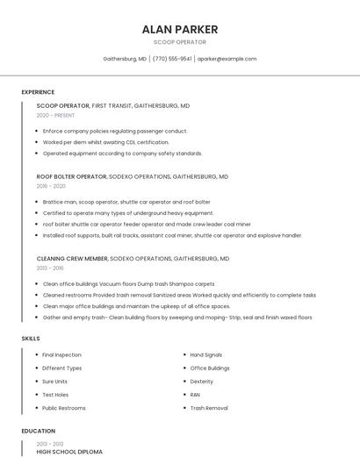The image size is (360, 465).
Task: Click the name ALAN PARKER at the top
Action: click(x=180, y=30)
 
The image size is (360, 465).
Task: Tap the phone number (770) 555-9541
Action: click(x=172, y=59)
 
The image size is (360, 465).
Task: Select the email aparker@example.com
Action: click(x=227, y=59)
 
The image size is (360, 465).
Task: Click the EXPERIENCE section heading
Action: click(x=38, y=92)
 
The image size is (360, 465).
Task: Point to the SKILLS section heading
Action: click(x=31, y=338)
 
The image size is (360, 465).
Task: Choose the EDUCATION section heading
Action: click(x=38, y=431)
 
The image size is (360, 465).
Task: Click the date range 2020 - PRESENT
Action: click(x=55, y=115)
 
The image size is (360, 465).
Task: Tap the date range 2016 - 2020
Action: click(x=51, y=186)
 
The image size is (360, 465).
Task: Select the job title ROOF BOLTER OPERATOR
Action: click(x=71, y=176)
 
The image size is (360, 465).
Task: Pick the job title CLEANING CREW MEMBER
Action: click(x=72, y=259)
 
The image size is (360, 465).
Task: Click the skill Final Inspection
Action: click(x=61, y=354)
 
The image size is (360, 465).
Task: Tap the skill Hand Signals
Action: click(x=206, y=354)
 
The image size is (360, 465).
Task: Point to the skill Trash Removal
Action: click(x=209, y=408)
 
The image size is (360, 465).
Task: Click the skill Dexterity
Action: click(x=202, y=382)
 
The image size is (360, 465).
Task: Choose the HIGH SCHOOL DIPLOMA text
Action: click(x=69, y=452)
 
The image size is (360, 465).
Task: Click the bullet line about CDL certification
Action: click(x=105, y=142)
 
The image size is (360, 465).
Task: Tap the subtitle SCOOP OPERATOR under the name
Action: click(x=180, y=42)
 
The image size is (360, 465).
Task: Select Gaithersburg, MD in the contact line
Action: click(x=125, y=59)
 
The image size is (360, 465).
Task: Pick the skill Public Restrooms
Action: click(x=64, y=408)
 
